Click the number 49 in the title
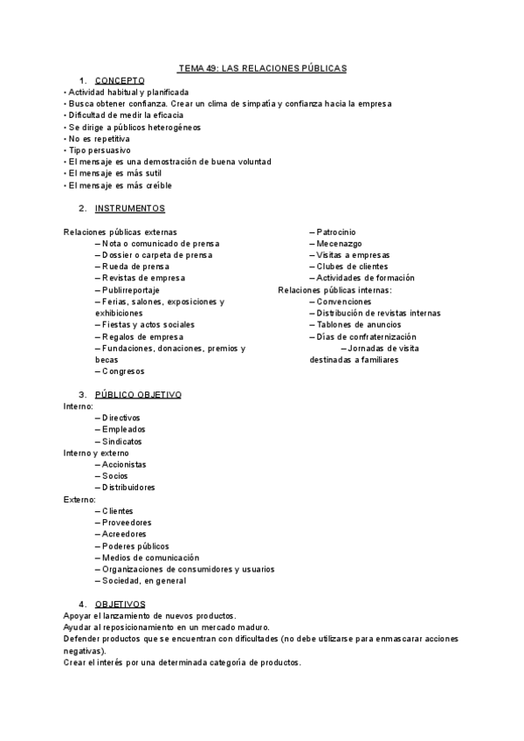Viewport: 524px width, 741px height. (211, 67)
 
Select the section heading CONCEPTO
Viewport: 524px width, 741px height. (120, 80)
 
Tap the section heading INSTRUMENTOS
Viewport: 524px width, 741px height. (129, 209)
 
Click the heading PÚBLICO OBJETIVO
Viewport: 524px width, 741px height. (137, 395)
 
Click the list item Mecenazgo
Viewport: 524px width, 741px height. (339, 244)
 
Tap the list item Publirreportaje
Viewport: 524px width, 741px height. (131, 290)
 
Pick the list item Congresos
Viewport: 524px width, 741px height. (123, 371)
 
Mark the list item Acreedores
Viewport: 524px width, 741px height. (124, 534)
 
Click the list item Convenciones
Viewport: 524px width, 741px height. (344, 301)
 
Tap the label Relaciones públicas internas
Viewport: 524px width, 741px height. (334, 290)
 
